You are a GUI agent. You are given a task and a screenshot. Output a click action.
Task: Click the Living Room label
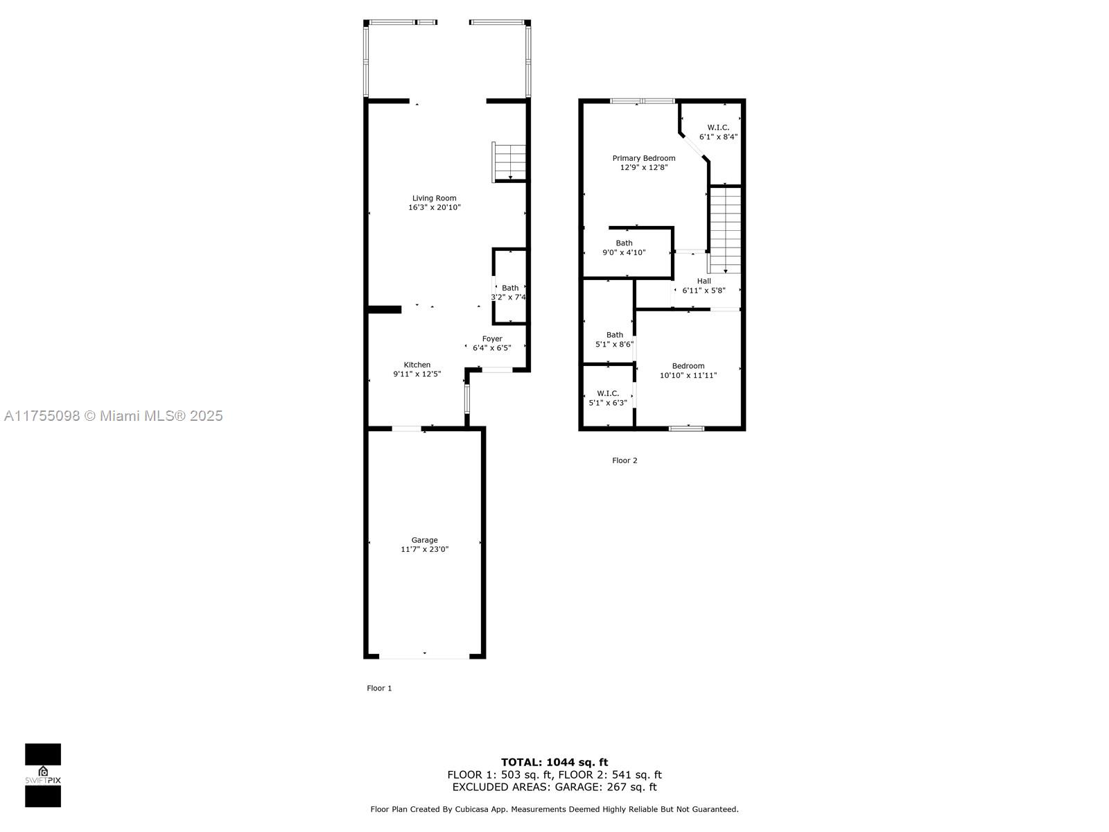434,198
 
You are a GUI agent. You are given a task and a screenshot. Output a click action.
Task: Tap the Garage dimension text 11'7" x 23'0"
424,549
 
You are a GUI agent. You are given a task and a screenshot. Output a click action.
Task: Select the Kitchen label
417,365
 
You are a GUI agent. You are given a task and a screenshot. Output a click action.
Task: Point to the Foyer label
492,339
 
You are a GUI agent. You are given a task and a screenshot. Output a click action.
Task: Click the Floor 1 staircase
509,162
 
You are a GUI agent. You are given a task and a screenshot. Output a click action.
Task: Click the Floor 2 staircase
725,230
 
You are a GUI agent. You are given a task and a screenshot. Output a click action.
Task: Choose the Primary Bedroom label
644,158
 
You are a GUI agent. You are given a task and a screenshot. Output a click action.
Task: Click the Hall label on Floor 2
704,281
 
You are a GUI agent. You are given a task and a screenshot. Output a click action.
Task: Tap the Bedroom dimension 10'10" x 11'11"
688,375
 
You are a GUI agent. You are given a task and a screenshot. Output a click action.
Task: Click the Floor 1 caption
379,688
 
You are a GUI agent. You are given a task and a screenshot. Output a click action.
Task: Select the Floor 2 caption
625,460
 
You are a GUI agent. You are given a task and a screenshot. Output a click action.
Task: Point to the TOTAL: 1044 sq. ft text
554,762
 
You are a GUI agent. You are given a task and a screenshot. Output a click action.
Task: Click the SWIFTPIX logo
43,775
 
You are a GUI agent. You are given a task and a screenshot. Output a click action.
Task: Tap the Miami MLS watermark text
113,416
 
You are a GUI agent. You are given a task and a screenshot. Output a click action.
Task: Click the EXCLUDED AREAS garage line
554,787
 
